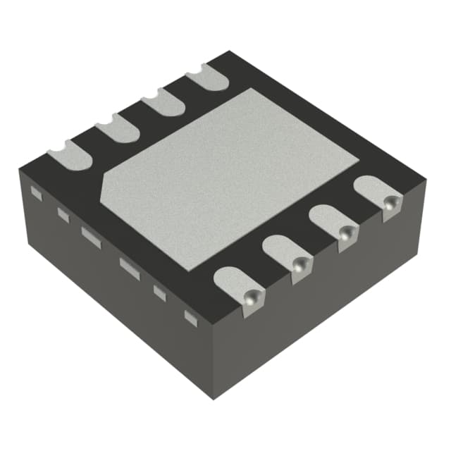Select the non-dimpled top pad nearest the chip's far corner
point(207,76)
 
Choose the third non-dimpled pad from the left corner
point(162,104)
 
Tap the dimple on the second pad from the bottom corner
point(300,265)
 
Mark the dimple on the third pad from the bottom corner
point(345,235)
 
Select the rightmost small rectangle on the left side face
point(190,318)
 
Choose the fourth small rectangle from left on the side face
point(130,267)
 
